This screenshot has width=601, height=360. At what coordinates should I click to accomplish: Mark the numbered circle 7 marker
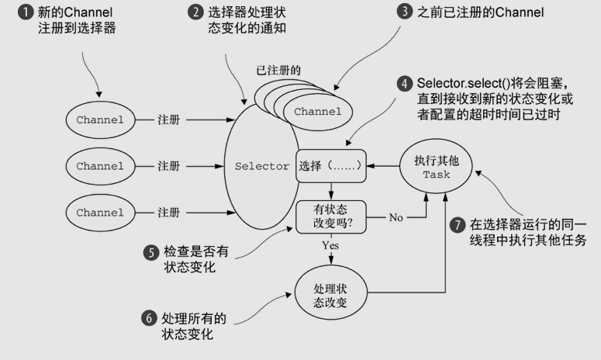coord(458,225)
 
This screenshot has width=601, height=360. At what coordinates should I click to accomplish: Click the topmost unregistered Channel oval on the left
coord(100,120)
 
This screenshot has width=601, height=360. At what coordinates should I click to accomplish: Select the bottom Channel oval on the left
coord(100,211)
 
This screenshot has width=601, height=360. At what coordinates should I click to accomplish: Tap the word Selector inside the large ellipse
coord(261,167)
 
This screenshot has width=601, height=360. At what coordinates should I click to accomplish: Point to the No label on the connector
coord(396,217)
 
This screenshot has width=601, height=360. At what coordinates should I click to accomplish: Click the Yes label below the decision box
coord(330,246)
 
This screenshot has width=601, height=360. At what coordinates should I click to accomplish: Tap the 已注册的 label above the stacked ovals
coord(278,70)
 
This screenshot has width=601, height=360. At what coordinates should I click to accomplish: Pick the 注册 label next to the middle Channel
coord(168,166)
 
